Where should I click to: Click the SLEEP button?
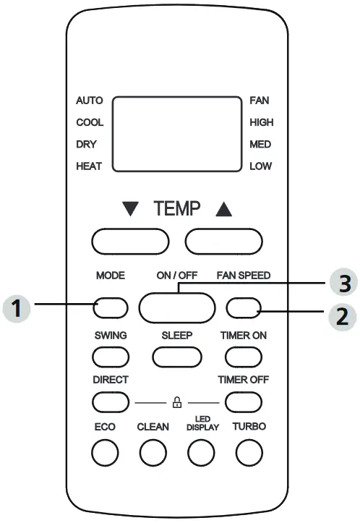(x=176, y=356)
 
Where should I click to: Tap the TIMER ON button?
(x=243, y=356)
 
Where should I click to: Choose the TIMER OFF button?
(x=243, y=400)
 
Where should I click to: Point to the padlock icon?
(x=176, y=400)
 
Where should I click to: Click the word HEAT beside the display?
(x=89, y=166)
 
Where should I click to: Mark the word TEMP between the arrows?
(x=176, y=210)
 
